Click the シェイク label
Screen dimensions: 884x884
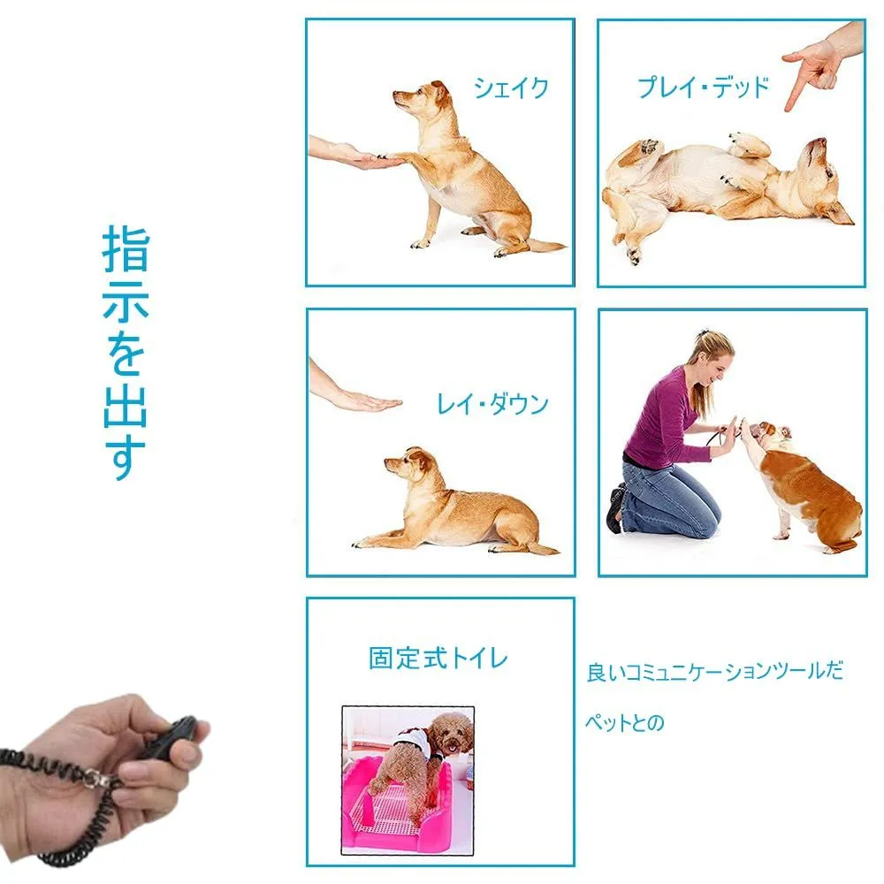click(511, 88)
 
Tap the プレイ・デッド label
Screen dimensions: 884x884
click(703, 88)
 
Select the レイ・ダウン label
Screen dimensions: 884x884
click(492, 404)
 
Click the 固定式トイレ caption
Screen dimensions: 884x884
click(438, 658)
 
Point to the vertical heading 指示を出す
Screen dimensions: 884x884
click(126, 353)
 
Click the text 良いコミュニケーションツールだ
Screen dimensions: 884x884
click(715, 672)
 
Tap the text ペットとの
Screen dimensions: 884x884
click(625, 722)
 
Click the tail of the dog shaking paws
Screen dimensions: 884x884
click(544, 245)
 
